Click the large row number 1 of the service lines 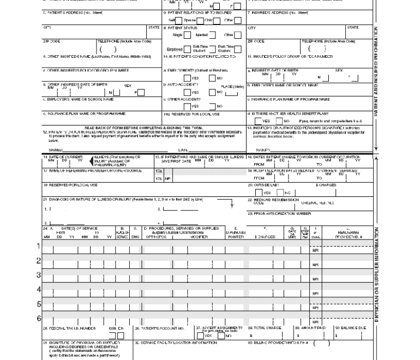(39, 246)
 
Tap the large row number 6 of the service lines (39, 319)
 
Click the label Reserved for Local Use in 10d (191, 114)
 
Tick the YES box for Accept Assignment (200, 335)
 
